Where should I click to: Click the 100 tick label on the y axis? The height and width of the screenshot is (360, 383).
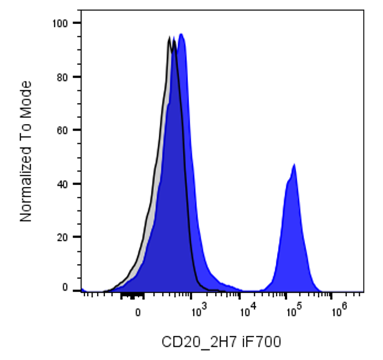[x=60, y=23]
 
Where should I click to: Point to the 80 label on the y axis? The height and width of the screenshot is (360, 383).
[x=62, y=78]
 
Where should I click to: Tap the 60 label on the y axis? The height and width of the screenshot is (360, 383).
[x=62, y=130]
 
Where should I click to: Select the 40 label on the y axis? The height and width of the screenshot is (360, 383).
[x=62, y=184]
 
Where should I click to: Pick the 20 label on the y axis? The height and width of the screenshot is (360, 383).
[x=62, y=238]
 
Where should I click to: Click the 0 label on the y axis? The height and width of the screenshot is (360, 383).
[x=65, y=288]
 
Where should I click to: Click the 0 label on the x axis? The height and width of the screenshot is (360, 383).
[x=138, y=312]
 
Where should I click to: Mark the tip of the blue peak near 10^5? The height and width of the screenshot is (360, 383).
[x=294, y=164]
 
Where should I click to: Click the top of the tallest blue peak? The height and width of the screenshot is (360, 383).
[x=181, y=33]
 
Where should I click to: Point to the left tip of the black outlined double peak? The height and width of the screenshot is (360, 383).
[x=169, y=37]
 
